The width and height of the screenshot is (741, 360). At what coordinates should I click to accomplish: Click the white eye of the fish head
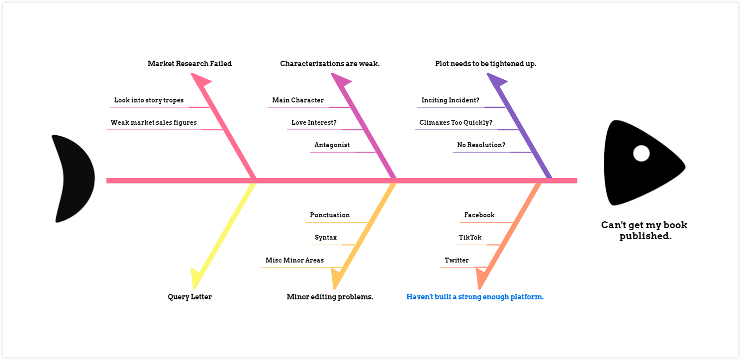(641, 154)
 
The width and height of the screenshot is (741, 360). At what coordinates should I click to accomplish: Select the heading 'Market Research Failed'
(189, 64)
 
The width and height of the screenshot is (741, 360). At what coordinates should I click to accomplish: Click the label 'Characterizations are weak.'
(330, 64)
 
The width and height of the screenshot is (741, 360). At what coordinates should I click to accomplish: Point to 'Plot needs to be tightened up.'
(485, 64)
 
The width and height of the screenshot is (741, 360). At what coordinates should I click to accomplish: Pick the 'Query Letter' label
(189, 297)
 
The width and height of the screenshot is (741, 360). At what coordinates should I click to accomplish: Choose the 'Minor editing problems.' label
(330, 297)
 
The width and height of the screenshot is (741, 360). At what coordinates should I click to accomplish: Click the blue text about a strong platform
(475, 297)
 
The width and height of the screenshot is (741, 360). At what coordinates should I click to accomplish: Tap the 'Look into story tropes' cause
(149, 100)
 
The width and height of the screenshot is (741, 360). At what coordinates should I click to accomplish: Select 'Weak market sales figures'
(154, 123)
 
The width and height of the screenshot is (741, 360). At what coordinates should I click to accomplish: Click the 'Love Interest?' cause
(314, 122)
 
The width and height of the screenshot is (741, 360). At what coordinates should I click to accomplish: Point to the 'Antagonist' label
(332, 145)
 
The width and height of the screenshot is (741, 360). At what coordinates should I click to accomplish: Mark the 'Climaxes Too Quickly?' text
(456, 123)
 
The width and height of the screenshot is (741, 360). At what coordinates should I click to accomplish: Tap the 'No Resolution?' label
(481, 145)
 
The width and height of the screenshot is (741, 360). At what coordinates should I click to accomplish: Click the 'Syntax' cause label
(326, 238)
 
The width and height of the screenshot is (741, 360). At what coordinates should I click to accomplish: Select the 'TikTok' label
(470, 237)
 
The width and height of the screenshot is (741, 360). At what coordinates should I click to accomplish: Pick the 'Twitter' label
(457, 260)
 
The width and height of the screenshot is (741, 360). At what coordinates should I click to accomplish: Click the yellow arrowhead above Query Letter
(197, 278)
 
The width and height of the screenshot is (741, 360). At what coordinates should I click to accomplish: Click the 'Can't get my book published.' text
(644, 230)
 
